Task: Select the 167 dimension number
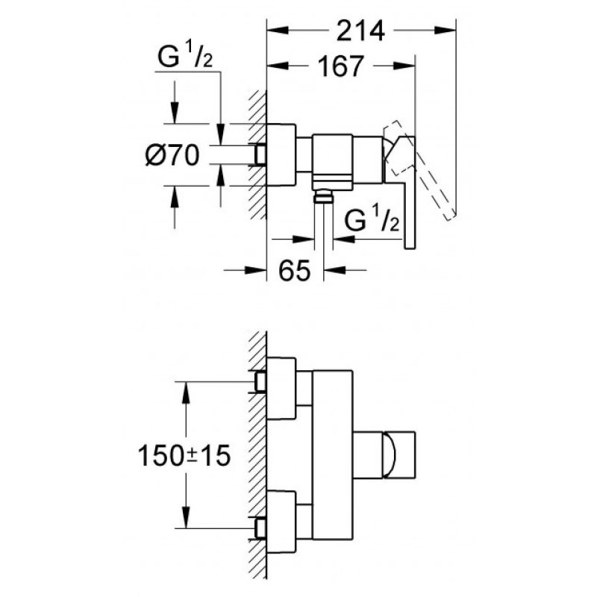341,66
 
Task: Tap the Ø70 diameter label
172,155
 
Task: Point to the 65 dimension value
295,270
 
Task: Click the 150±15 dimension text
184,456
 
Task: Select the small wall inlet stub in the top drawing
260,155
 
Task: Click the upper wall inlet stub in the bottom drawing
260,382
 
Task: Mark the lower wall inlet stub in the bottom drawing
260,528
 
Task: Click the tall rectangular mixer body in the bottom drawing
332,455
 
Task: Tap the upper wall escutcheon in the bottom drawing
281,389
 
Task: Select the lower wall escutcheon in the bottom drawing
281,522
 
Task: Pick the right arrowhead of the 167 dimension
404,66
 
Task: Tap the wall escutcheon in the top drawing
281,155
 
